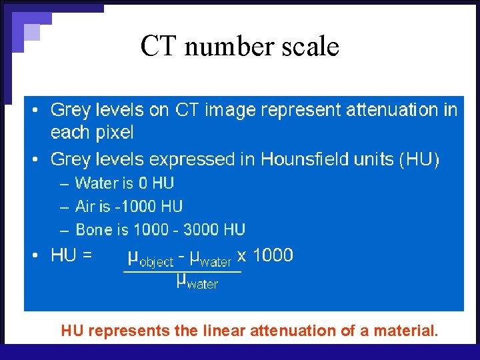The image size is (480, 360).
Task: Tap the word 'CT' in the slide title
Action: coord(158,46)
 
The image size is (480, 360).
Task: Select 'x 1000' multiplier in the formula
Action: coord(265,255)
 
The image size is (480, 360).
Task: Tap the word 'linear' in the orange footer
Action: coord(225,330)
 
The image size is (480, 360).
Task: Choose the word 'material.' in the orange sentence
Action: coord(407,330)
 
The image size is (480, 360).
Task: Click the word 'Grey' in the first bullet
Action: coord(70,110)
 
